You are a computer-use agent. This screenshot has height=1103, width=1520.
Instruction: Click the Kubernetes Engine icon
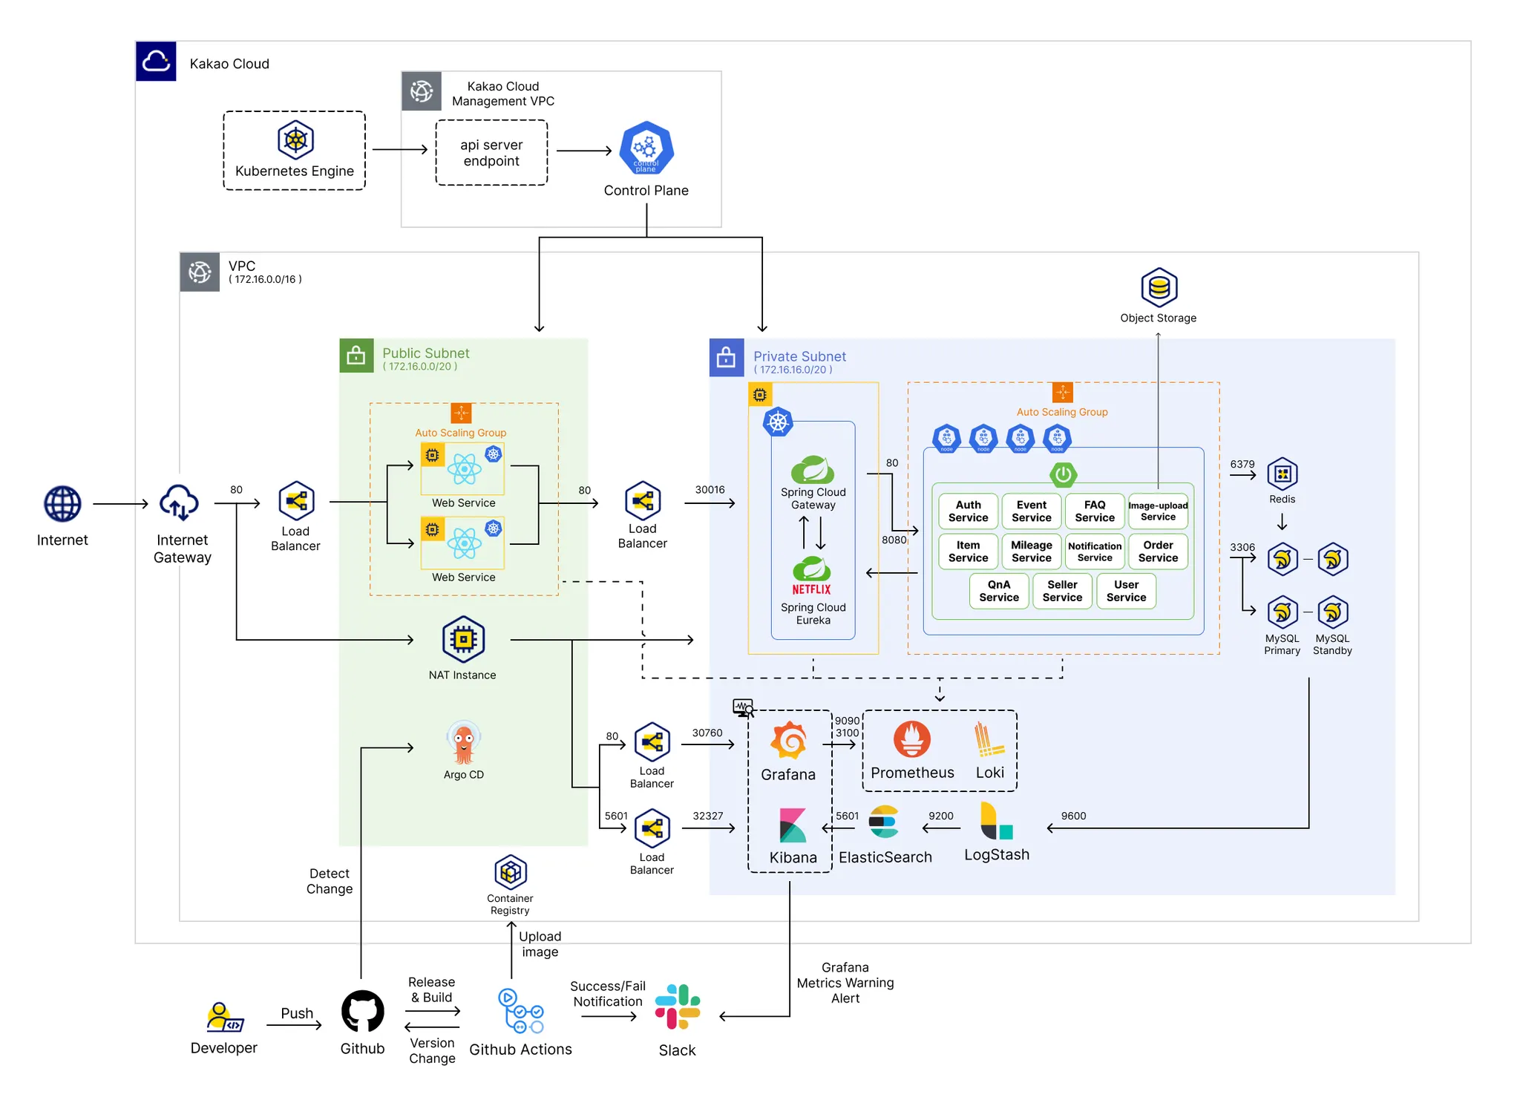point(295,140)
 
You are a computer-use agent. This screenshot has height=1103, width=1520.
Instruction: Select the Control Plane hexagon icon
point(646,148)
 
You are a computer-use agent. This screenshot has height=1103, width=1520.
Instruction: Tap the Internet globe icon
point(62,504)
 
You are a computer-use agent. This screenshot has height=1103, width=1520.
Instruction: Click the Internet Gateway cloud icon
point(180,503)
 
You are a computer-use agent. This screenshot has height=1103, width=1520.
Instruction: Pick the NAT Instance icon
point(463,639)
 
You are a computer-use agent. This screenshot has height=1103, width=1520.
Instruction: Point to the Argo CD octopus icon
point(464,742)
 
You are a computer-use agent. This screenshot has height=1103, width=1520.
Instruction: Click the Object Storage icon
point(1159,287)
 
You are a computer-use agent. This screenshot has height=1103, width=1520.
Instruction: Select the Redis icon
point(1282,474)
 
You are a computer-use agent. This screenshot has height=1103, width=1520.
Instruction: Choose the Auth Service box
point(968,511)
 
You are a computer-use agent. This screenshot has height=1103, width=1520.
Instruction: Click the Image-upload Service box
point(1158,511)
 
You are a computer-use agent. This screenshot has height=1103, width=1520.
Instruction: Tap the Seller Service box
point(1062,591)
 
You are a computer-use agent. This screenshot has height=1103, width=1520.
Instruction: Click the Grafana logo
point(788,741)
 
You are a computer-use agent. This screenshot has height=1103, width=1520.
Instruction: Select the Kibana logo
point(793,825)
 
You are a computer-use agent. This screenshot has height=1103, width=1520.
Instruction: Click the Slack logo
point(678,1007)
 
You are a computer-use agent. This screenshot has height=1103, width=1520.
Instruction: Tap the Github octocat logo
point(363,1011)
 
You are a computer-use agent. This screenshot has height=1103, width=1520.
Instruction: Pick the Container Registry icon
point(511,872)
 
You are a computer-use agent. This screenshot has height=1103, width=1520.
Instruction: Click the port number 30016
point(710,490)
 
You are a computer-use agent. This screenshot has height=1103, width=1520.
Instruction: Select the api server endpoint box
point(491,153)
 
